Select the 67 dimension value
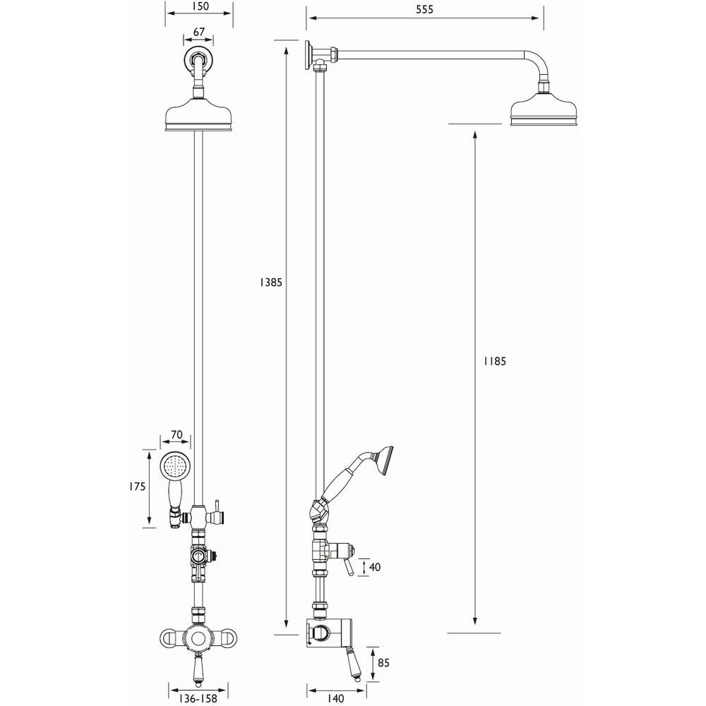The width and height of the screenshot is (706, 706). [198, 32]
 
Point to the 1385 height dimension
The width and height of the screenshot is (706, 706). [270, 282]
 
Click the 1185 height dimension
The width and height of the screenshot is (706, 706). [495, 361]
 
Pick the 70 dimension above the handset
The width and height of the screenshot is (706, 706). [176, 436]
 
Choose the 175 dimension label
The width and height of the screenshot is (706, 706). [138, 486]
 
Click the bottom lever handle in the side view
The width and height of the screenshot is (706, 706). [355, 664]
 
